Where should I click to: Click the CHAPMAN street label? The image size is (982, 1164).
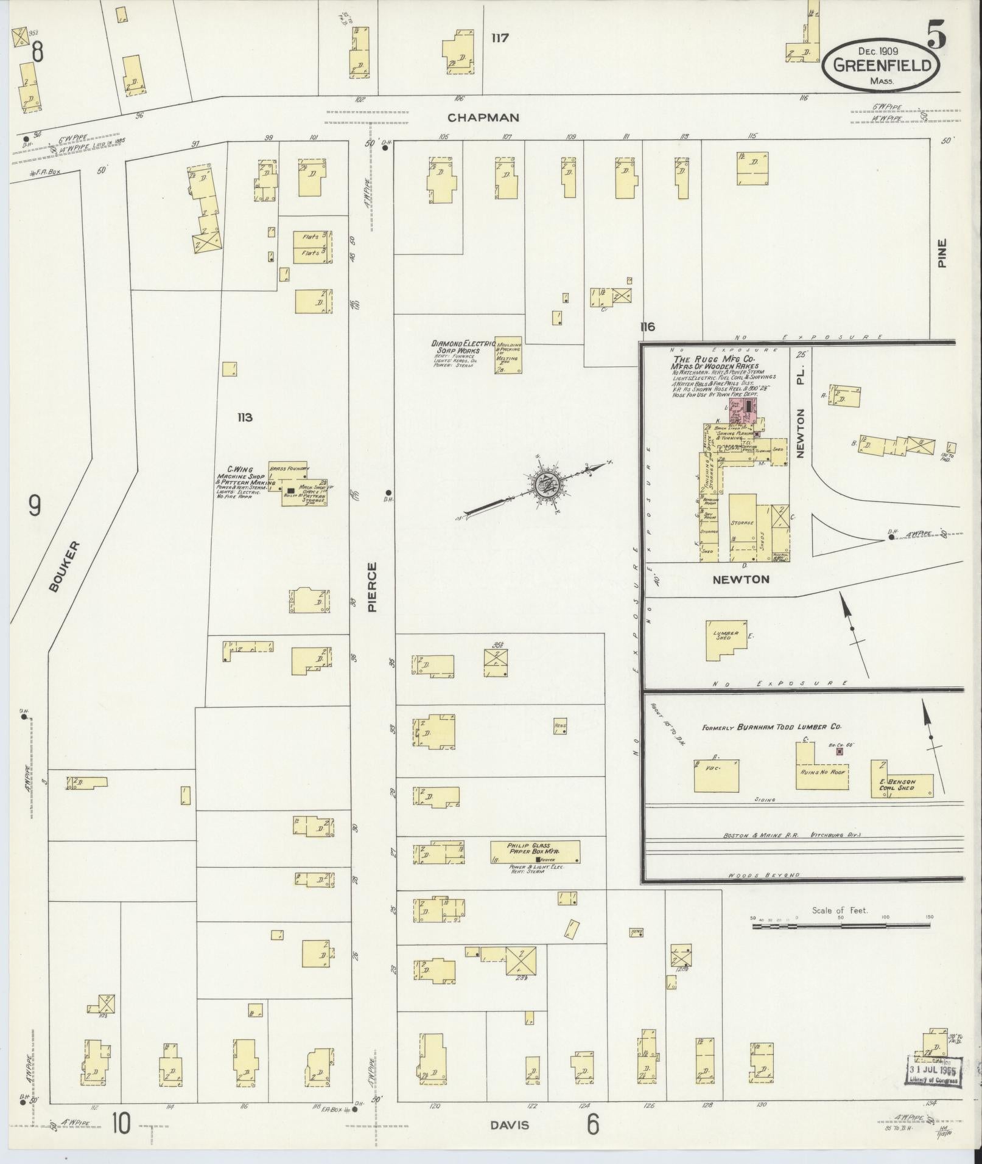click(482, 117)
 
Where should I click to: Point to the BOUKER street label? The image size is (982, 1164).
click(63, 566)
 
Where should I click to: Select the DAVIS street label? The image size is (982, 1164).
click(509, 1124)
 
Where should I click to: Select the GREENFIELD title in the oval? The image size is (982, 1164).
click(882, 65)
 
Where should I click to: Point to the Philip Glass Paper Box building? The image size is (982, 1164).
click(535, 851)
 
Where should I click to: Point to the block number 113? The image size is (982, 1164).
click(245, 417)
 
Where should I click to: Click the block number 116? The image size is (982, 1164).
click(647, 327)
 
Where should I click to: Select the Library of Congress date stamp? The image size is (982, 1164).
click(934, 1070)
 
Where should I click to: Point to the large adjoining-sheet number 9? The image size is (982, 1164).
click(35, 504)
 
